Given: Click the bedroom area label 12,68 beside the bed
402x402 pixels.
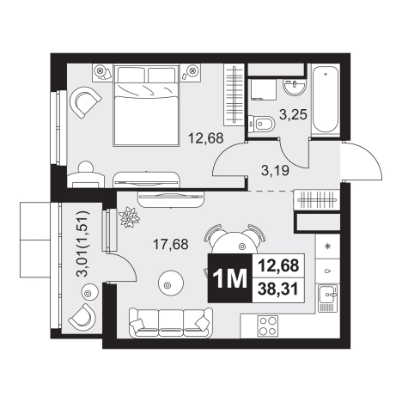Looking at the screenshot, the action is [205, 138].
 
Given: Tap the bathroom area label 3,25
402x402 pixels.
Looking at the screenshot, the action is [293, 114].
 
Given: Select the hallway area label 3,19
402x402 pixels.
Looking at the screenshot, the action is [275, 171].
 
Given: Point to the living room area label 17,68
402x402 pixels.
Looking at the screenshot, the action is [171, 244].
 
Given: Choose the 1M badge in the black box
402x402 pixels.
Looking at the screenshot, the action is [230, 278].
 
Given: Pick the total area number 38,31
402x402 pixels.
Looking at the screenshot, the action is [278, 289].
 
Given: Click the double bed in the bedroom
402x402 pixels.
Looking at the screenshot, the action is [146, 106].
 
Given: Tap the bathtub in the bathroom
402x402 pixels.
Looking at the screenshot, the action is [326, 100].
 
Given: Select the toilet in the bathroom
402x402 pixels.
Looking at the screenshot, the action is [261, 124].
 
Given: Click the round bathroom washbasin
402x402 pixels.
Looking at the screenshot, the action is [295, 87].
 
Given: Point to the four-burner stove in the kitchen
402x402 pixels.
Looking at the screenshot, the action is [267, 326].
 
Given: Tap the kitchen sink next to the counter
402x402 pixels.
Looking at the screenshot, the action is [328, 298].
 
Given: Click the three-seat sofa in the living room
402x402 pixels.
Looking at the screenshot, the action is [171, 323].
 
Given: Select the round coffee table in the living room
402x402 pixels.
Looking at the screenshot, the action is [171, 284].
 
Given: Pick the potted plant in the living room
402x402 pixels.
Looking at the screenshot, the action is [130, 217].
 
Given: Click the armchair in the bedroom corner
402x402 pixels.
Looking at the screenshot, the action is [85, 102].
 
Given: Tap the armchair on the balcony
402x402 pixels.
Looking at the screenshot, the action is [82, 317].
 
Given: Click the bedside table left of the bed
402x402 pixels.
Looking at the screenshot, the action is [102, 72].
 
